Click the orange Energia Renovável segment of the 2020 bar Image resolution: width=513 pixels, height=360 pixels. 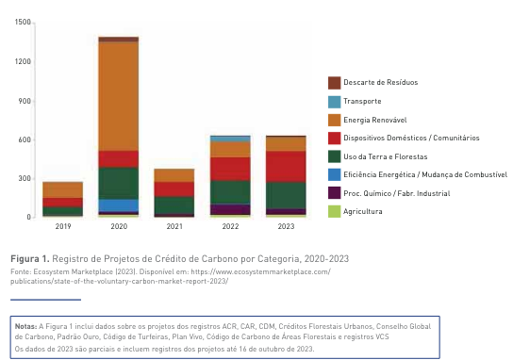[119, 97]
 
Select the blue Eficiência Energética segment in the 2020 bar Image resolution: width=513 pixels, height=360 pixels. [119, 205]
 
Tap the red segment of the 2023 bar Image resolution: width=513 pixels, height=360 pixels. [286, 167]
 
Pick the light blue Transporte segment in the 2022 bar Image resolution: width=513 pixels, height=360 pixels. [230, 139]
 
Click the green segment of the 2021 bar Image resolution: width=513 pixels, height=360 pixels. [174, 205]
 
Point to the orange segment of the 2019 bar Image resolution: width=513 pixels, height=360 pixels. [63, 190]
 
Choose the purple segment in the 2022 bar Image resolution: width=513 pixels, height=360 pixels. [230, 209]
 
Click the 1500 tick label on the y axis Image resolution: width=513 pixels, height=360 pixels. [23, 23]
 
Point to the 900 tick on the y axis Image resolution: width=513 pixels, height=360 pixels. [25, 101]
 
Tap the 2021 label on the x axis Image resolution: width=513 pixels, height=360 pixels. [174, 226]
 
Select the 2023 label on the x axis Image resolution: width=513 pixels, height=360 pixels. [286, 226]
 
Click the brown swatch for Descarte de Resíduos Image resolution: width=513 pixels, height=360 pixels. [334, 83]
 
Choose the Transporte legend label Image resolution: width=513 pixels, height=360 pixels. [362, 102]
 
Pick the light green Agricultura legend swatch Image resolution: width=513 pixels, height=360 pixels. [334, 211]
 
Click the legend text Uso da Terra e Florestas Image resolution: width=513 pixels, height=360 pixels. [386, 156]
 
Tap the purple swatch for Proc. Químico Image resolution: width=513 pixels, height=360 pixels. [334, 193]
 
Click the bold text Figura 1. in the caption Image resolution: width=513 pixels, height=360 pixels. [30, 258]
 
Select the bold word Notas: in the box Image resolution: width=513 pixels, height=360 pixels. [25, 326]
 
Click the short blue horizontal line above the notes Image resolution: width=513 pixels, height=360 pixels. [45, 300]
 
